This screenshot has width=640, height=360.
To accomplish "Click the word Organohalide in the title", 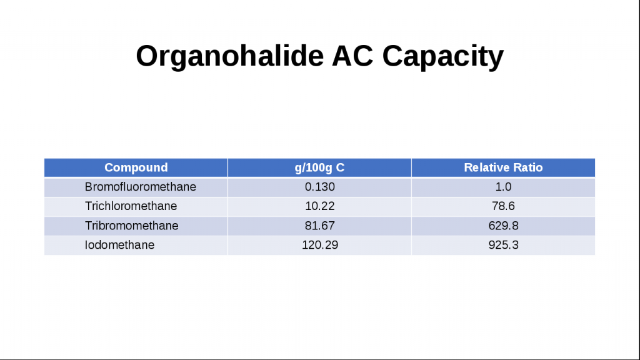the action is tap(229, 56).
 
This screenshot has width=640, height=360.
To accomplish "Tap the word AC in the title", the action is tap(352, 56).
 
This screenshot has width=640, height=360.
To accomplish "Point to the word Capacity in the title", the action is tap(443, 56).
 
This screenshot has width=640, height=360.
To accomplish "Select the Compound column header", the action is tap(136, 167).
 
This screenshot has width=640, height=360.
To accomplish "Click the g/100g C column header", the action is tap(319, 167).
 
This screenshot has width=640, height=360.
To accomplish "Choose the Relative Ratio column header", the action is tap(503, 167).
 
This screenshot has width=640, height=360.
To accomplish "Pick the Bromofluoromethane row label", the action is tap(141, 186).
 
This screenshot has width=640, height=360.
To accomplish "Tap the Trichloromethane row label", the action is tap(131, 206).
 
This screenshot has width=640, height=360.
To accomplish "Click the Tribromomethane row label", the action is tap(131, 225).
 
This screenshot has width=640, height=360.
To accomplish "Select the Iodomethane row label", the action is tap(119, 244).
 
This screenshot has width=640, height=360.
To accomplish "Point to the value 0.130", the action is tap(319, 186).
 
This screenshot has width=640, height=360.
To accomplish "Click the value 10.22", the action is tap(319, 206).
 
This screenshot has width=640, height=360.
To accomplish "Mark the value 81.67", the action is tap(319, 225).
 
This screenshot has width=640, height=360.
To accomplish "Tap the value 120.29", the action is tap(319, 244).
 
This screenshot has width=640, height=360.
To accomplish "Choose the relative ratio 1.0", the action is tap(503, 186).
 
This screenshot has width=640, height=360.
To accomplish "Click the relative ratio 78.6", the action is tap(503, 206).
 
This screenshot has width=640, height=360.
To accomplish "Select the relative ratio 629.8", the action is tap(503, 225).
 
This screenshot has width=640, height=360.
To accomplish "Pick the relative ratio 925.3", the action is tap(503, 244).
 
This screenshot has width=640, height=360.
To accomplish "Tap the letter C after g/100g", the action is tap(341, 167).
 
